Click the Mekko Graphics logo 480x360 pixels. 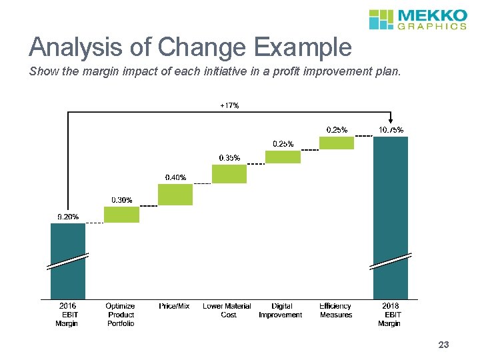[x=417, y=19]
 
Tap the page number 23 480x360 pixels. [x=443, y=345]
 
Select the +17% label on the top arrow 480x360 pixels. [x=229, y=105]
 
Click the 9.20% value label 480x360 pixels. [x=67, y=217]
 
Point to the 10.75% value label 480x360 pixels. [x=390, y=129]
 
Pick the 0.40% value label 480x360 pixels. [x=175, y=177]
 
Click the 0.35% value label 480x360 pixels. [x=229, y=158]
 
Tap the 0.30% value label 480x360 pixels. [x=121, y=200]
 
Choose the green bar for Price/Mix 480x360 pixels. [x=175, y=195]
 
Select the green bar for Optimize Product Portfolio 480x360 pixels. [x=121, y=215]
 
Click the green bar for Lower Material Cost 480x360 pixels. [x=229, y=174]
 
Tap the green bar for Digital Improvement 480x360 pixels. [x=283, y=157]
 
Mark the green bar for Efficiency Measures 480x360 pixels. [x=337, y=143]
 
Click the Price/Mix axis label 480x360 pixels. [x=174, y=306]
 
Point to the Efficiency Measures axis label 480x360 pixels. [x=336, y=311]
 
